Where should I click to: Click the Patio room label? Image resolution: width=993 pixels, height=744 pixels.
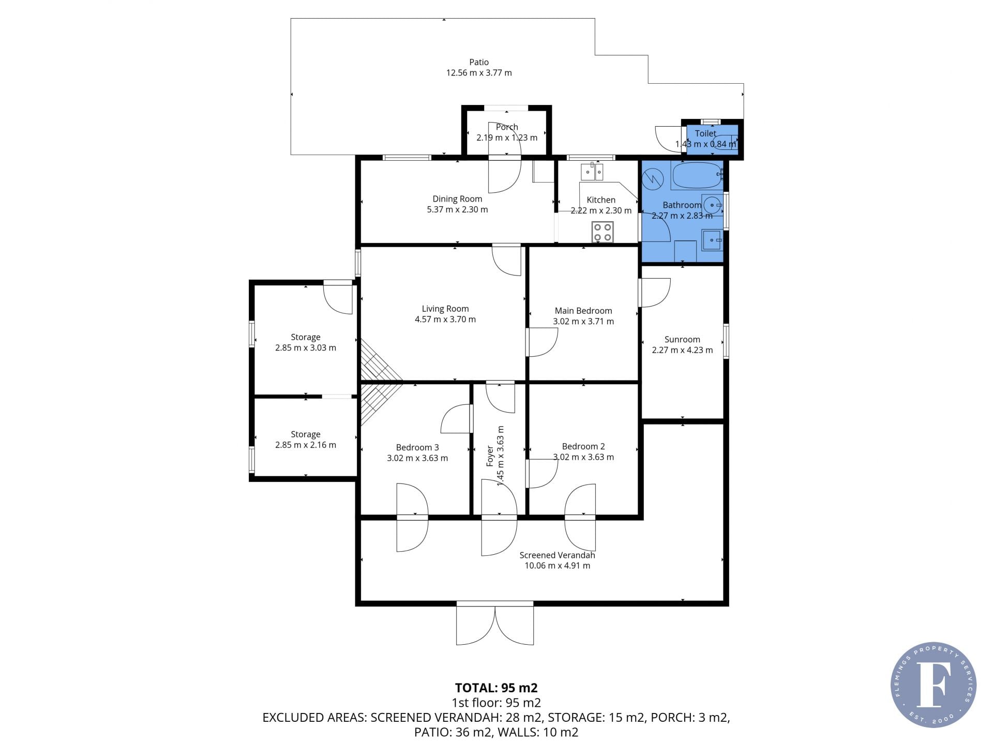coord(479,62)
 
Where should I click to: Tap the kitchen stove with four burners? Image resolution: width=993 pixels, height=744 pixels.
coord(603,232)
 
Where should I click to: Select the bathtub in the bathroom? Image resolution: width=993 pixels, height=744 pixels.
coord(697,175)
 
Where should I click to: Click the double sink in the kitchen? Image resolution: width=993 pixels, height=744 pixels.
coord(592,171)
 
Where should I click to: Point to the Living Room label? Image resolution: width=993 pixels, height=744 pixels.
coord(445,309)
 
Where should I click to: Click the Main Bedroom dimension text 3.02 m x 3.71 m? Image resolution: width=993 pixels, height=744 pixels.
coord(583,321)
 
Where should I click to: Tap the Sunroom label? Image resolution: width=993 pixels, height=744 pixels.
coord(682,339)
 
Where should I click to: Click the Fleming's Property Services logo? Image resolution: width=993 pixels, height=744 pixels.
coord(934,685)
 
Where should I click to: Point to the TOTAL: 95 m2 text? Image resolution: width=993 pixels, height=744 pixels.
coord(496,688)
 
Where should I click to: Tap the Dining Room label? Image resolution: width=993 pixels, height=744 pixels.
coord(457,199)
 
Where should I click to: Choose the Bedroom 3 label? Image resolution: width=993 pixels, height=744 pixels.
coord(417,447)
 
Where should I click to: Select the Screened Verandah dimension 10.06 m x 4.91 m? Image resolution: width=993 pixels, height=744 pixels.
coord(558,566)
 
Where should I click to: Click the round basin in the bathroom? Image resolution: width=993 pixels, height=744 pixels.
coord(713,205)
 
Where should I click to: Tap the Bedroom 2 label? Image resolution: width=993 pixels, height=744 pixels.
coord(583,446)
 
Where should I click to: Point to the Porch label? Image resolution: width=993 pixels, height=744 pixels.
coord(507,127)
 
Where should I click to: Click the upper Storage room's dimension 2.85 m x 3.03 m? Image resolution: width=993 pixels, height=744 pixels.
coord(306,347)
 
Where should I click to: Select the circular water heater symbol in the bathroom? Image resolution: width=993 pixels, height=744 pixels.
coord(653,179)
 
